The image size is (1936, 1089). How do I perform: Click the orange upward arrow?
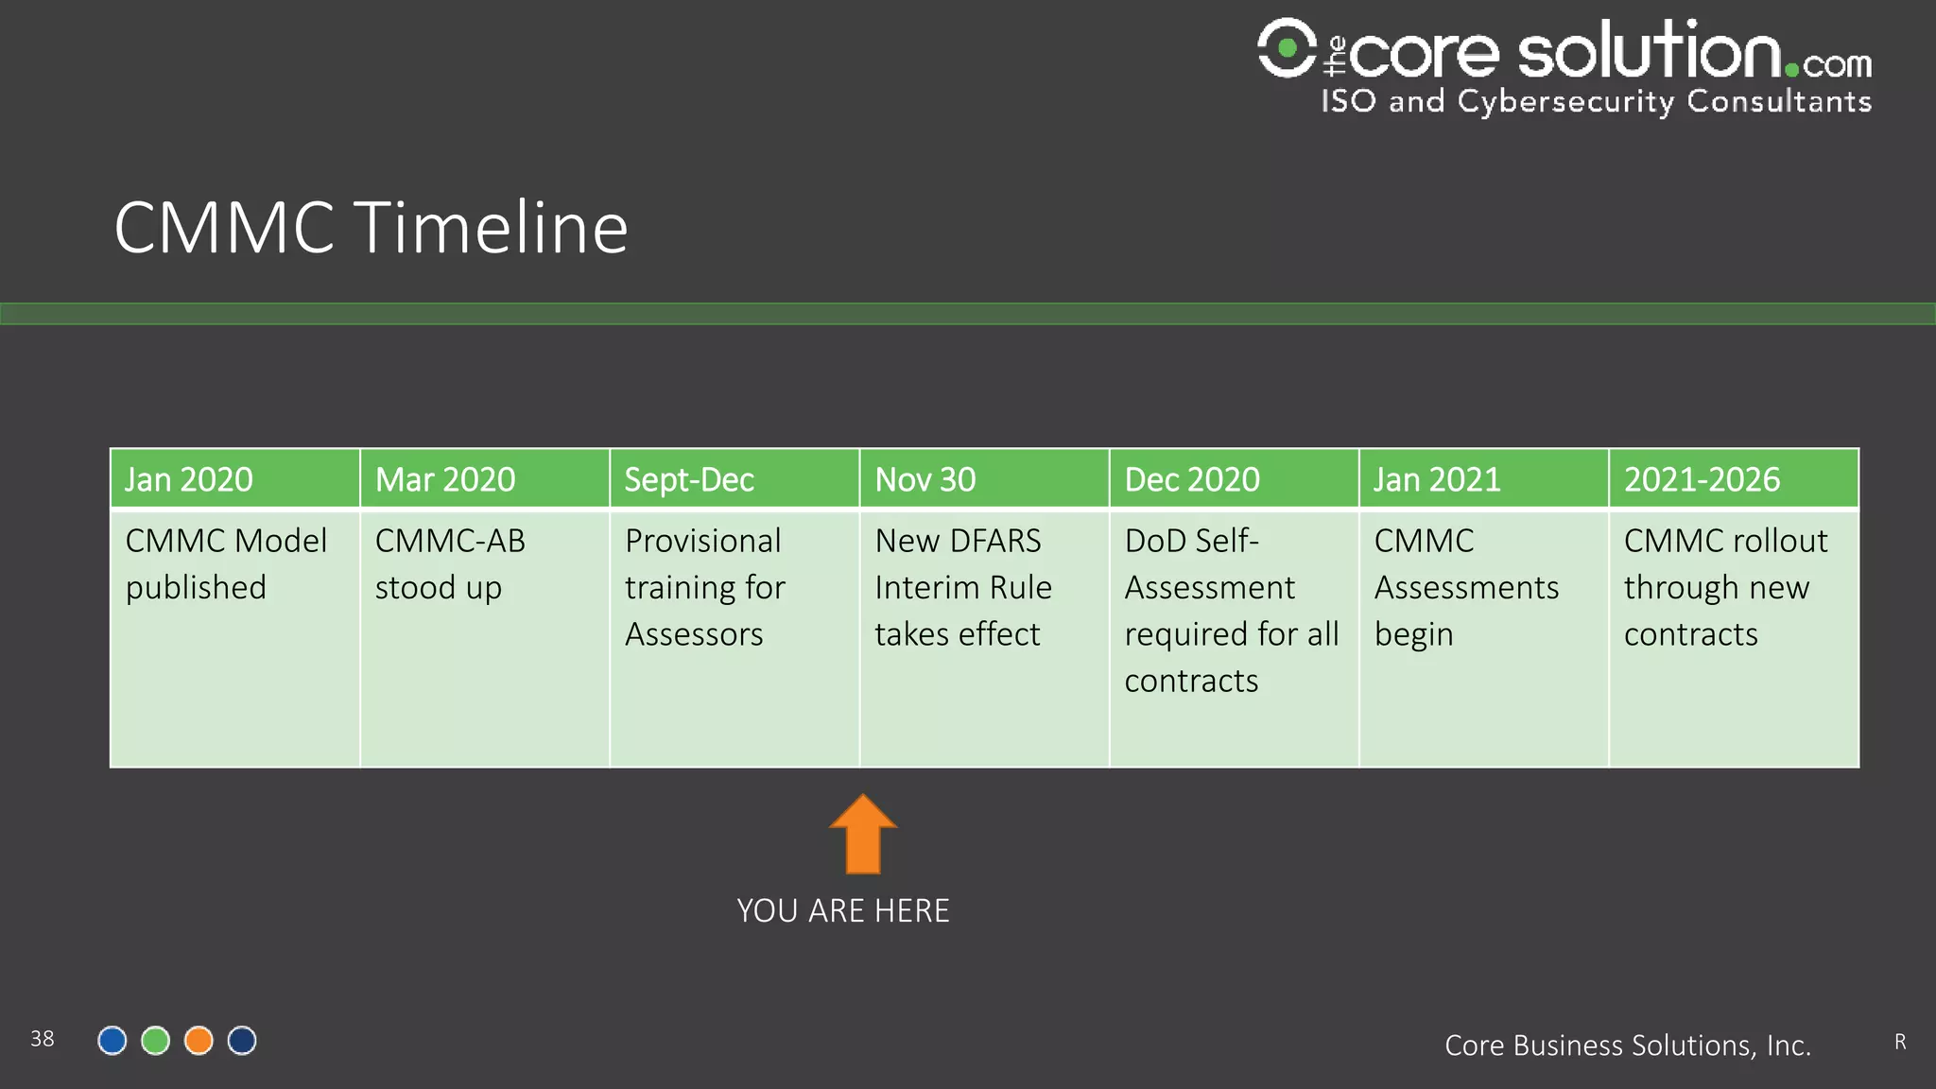(863, 836)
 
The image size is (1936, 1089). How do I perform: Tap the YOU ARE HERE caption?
(843, 910)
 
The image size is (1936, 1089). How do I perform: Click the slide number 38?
(43, 1039)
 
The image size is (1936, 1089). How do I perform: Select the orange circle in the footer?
(199, 1041)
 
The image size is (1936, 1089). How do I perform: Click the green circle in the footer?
(155, 1041)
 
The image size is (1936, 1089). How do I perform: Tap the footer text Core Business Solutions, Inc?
(1627, 1046)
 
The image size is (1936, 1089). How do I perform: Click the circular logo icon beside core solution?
(1286, 47)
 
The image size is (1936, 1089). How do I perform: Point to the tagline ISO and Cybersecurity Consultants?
(1596, 101)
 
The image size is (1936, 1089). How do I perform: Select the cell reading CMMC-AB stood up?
(450, 564)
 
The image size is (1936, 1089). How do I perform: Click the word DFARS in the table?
(995, 541)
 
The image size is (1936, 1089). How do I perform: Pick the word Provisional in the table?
(703, 541)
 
